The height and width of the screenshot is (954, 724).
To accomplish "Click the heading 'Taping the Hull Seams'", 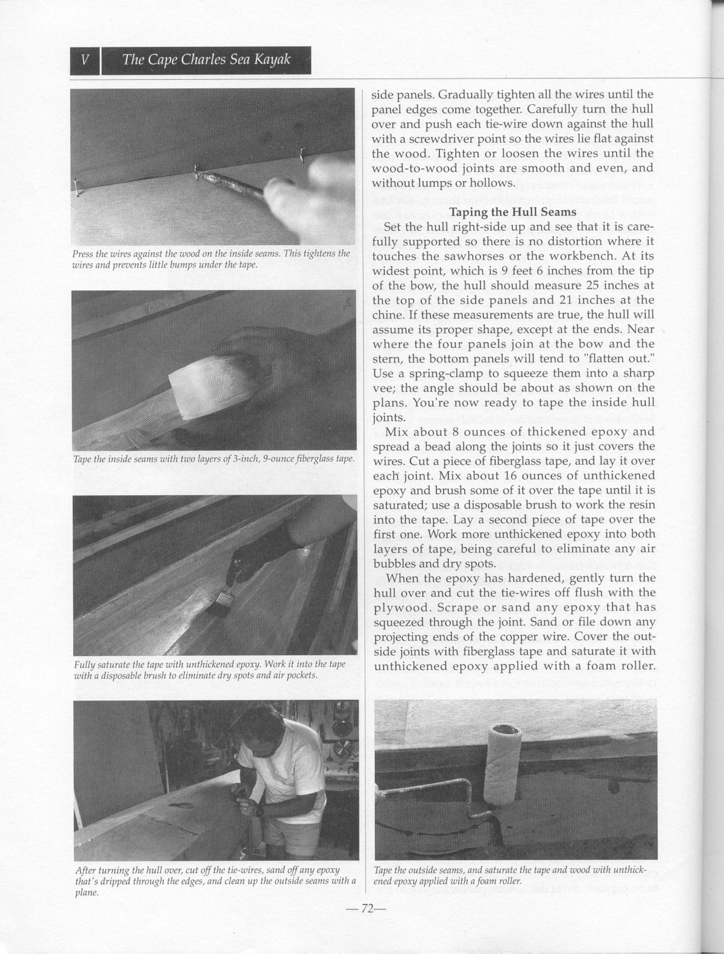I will (512, 212).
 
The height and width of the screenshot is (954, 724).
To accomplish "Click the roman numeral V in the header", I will (85, 60).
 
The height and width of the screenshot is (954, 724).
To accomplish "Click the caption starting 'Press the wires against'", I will (211, 259).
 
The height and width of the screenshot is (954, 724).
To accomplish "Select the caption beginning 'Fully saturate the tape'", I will (210, 670).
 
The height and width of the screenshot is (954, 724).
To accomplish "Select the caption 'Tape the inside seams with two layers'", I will (214, 459).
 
